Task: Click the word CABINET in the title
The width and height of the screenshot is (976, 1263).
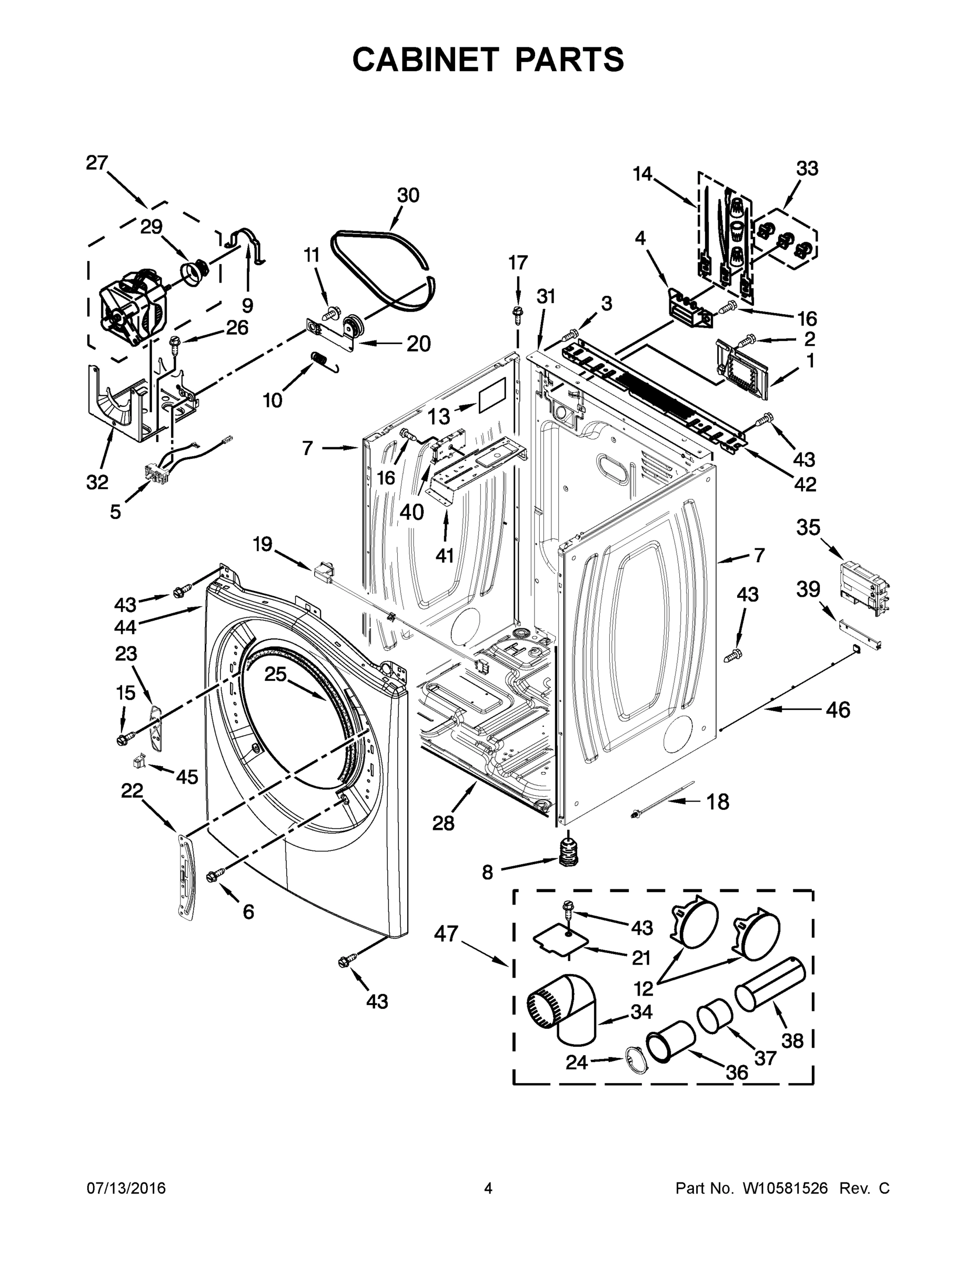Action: coord(425,59)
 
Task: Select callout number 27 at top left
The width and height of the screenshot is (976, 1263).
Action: coord(97,163)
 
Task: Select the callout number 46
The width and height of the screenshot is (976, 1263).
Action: coord(838,709)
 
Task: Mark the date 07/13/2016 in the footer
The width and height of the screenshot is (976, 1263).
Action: coord(126,1188)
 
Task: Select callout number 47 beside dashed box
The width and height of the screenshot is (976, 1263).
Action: coord(446,934)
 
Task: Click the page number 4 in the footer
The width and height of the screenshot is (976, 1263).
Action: coord(487,1188)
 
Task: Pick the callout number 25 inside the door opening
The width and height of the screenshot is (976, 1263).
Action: coord(276,674)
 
